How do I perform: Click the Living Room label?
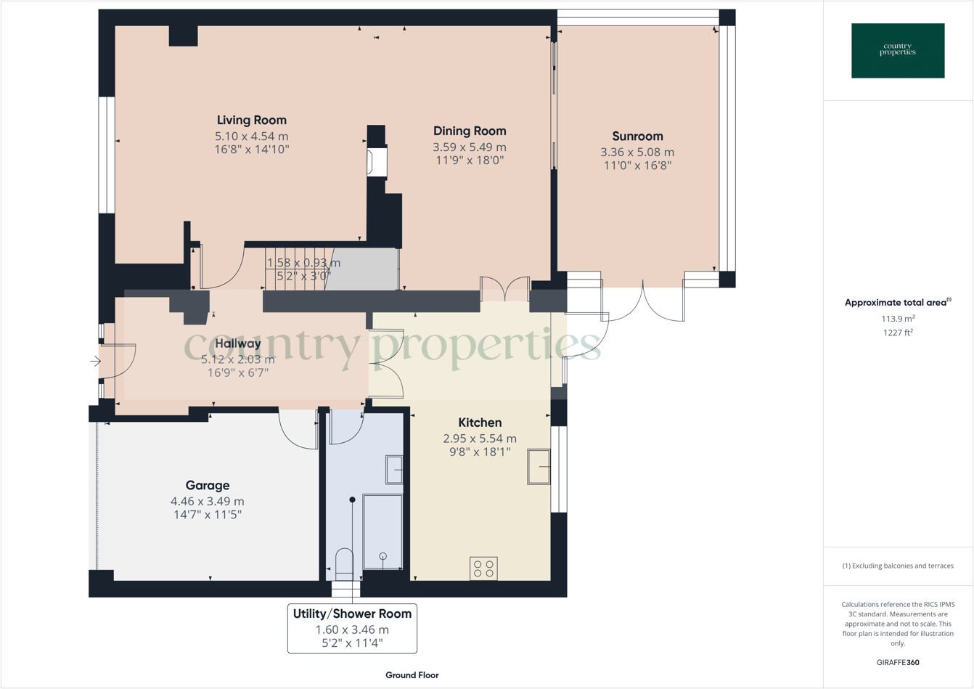coord(251,121)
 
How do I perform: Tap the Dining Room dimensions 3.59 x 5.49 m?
coord(470,147)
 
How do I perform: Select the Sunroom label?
coord(637,136)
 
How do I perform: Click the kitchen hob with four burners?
coord(483,568)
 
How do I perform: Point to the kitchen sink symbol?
coord(539,467)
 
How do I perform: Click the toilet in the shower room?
coord(345,564)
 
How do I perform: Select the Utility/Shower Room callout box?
coord(352,628)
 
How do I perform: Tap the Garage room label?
coord(208,486)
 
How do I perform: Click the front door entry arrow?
coord(95,361)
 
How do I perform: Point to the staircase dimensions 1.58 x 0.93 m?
coord(303,263)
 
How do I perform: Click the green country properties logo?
coord(898,51)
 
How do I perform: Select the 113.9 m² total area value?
coord(898,319)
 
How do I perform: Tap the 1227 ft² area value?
coord(898,333)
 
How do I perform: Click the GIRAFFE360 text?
coord(898,662)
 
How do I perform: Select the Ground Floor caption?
coord(412,675)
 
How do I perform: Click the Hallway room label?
coord(237,344)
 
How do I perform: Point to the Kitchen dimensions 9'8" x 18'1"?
coord(480,452)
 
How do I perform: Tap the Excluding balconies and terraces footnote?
coord(898,566)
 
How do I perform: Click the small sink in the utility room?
coord(394,470)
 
